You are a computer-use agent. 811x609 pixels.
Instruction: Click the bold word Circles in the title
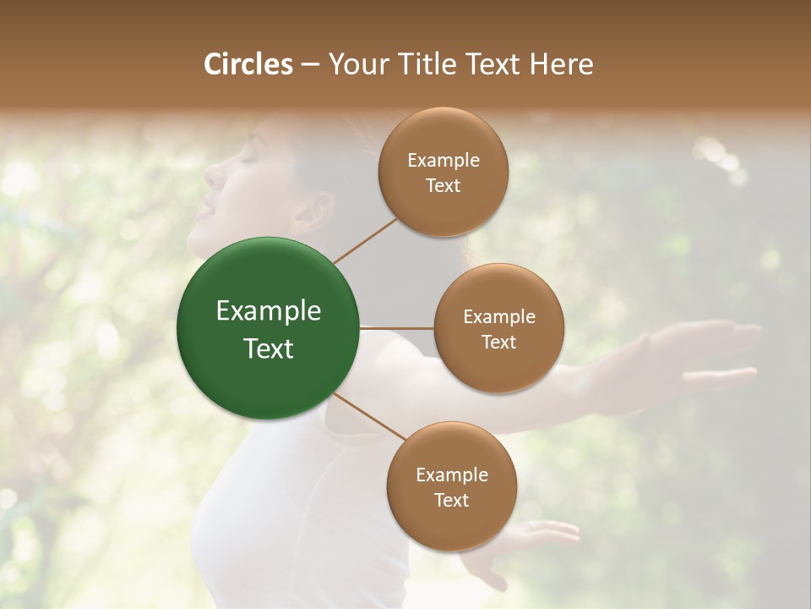(x=248, y=64)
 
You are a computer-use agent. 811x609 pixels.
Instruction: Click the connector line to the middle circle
(x=397, y=328)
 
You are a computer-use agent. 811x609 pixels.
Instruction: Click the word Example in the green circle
(x=269, y=311)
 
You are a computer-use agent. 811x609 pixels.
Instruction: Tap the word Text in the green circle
(x=269, y=348)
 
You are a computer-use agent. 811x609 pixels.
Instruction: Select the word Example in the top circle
(x=444, y=161)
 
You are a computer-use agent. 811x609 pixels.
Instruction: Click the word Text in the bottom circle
(x=451, y=500)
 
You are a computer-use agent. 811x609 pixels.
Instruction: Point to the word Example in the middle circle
(x=499, y=317)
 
